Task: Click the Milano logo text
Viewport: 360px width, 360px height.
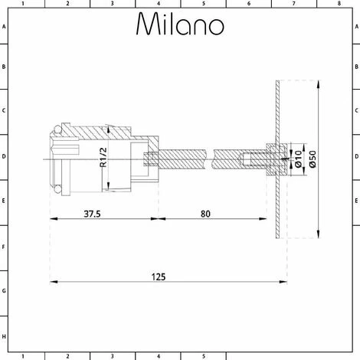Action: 180,24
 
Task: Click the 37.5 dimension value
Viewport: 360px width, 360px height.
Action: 92,214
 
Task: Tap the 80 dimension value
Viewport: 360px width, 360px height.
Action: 205,214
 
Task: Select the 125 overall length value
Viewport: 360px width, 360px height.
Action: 159,277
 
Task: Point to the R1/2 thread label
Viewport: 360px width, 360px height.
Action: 103,158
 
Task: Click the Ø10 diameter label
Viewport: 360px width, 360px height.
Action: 298,159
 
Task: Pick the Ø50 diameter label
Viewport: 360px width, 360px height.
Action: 313,159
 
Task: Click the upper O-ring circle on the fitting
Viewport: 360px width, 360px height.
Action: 58,129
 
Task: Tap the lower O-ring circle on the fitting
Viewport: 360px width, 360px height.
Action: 58,189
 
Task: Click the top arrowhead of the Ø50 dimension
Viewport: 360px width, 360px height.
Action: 318,84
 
